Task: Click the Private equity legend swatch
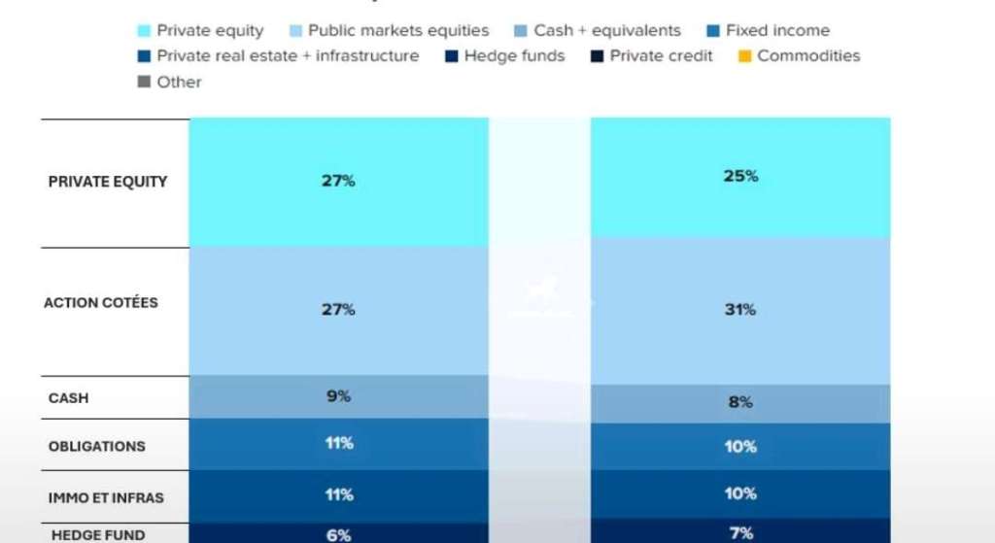pos(145,31)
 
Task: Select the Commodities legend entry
pos(807,56)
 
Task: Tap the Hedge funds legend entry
pos(514,56)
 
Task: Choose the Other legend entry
pos(178,83)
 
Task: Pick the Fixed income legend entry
pos(776,31)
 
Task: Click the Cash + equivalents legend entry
pos(606,31)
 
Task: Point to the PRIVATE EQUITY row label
pos(108,182)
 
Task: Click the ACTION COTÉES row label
pos(101,303)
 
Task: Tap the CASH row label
pos(68,398)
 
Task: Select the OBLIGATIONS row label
pos(96,447)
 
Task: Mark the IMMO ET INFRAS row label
pos(106,498)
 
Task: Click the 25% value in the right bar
pos(740,177)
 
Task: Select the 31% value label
pos(740,310)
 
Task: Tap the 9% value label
pos(338,396)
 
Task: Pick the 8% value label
pos(740,402)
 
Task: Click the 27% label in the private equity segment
pos(338,181)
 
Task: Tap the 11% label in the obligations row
pos(338,444)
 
